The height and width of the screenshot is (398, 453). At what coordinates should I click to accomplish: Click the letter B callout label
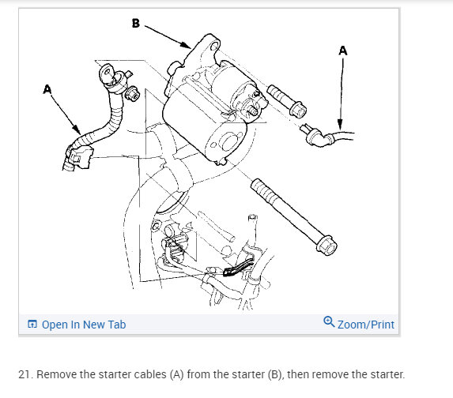click(136, 23)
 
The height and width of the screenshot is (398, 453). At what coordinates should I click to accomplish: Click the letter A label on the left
click(47, 89)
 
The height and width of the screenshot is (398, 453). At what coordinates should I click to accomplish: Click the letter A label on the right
click(343, 51)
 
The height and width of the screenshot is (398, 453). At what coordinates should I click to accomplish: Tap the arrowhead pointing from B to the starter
click(185, 44)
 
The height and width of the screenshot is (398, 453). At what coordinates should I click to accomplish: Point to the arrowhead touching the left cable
click(76, 129)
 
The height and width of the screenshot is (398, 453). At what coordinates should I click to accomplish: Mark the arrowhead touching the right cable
click(340, 125)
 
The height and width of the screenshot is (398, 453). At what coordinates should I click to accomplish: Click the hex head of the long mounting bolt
click(327, 246)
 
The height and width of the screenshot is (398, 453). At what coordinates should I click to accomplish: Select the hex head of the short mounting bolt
click(297, 109)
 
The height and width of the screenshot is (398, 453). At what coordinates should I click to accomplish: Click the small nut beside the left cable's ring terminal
click(132, 93)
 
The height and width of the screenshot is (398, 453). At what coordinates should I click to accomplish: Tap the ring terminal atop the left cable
click(108, 74)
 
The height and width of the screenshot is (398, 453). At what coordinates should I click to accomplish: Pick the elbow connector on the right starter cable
click(317, 137)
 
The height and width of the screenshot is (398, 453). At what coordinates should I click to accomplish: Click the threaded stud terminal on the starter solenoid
click(251, 109)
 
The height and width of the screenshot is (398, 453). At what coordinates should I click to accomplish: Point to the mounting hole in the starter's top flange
click(214, 46)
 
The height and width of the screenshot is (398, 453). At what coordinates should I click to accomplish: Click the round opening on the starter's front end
click(228, 141)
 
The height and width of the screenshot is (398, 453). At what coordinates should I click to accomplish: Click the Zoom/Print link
click(366, 325)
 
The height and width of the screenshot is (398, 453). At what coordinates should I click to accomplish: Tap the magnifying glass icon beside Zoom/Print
click(329, 321)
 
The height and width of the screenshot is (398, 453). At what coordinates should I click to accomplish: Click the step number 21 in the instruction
click(25, 374)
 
